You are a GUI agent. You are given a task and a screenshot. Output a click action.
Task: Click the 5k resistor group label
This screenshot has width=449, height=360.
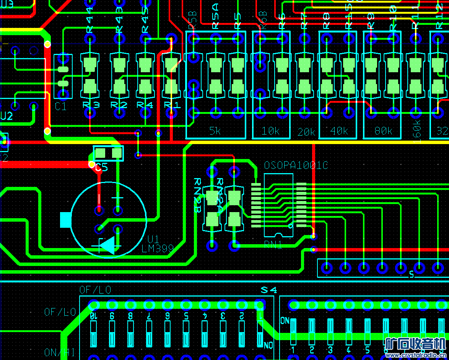coord(215,131)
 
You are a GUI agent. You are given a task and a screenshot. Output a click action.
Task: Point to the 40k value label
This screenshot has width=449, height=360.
coord(339,131)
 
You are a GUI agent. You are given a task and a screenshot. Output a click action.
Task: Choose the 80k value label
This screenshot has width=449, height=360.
coord(383,131)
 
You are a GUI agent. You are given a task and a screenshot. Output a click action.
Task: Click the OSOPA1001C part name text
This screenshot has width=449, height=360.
coord(296,165)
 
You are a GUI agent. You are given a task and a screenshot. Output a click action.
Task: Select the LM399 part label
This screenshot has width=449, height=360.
coord(158,248)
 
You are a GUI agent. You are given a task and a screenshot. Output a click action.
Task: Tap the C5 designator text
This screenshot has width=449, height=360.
coord(102,167)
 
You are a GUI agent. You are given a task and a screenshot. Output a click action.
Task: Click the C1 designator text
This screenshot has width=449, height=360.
coord(60,106)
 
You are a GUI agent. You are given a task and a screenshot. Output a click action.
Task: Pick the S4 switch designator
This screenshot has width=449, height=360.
coord(268,290)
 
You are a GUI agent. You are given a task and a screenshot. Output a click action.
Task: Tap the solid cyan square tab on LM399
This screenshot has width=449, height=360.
coord(66,220)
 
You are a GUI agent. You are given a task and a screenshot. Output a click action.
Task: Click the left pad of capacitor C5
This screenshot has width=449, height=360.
coord(100,153)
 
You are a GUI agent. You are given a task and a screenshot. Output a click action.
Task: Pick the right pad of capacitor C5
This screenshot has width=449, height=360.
coord(117,153)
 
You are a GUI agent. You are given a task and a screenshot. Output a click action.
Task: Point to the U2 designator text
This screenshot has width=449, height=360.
coord(6,116)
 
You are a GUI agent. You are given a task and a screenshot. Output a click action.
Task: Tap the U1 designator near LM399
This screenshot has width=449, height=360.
coord(153,239)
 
